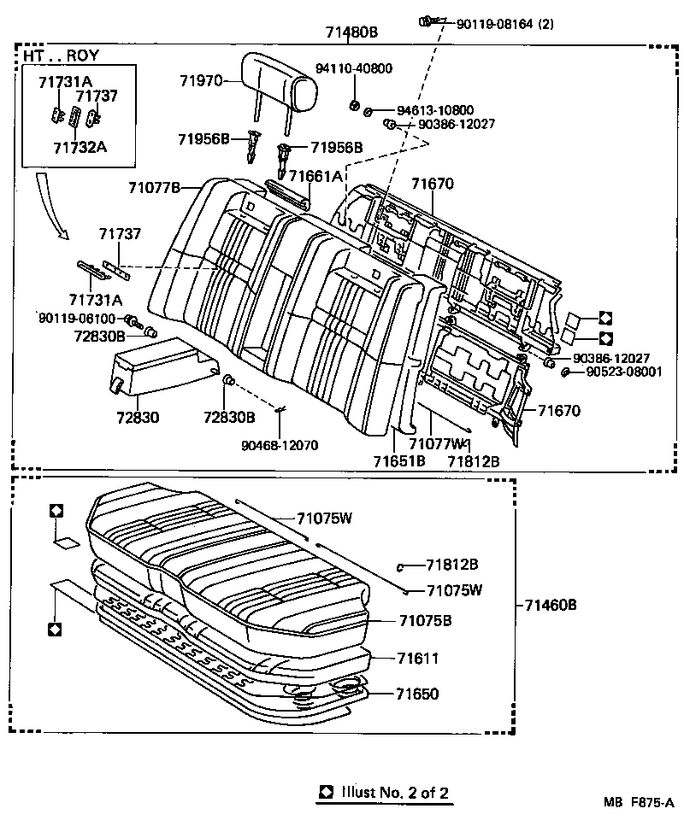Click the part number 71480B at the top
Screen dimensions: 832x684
point(351,32)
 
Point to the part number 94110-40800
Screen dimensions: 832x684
point(355,68)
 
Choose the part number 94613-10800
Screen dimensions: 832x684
point(435,111)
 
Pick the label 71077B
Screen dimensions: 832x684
point(155,187)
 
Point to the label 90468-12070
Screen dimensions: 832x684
point(280,444)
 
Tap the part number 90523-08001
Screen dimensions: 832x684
point(623,372)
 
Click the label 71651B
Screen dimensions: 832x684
point(398,461)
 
